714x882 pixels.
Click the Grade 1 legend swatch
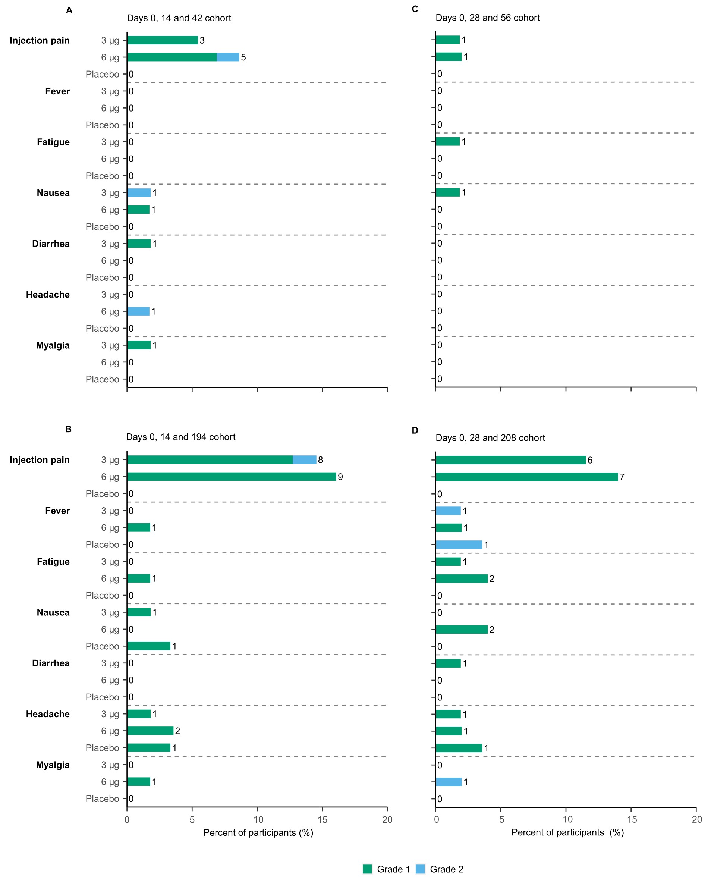[367, 869]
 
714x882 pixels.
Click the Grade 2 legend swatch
[420, 869]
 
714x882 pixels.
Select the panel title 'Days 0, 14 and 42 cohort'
[179, 18]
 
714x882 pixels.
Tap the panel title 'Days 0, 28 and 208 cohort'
[490, 438]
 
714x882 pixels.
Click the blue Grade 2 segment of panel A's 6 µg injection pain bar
[228, 57]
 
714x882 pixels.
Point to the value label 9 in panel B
[340, 477]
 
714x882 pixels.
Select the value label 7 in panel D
[622, 477]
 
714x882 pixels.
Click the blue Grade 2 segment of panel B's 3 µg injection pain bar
[304, 460]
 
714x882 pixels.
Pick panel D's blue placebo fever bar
[459, 544]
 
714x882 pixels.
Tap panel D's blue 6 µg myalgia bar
[449, 782]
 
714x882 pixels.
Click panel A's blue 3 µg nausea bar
[139, 192]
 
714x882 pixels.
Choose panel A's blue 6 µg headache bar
[138, 311]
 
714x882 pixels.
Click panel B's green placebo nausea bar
[149, 646]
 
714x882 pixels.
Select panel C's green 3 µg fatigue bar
[448, 141]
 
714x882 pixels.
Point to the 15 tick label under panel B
[322, 819]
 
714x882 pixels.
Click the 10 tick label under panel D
[567, 819]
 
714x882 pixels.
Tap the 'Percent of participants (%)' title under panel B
[258, 833]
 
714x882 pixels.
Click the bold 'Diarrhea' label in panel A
[51, 244]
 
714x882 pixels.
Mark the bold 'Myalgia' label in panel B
[53, 765]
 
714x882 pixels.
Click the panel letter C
[415, 9]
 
